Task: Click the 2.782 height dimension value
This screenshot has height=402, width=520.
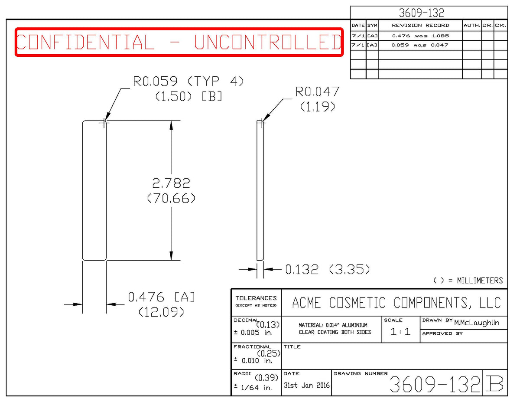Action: [x=171, y=183]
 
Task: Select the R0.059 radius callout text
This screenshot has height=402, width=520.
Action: [x=155, y=82]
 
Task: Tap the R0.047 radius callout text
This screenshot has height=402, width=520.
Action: [x=317, y=92]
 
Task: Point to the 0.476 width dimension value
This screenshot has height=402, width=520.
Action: [x=146, y=297]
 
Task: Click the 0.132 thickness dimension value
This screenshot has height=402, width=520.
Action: [x=302, y=269]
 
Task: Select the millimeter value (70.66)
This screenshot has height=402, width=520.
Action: [x=171, y=199]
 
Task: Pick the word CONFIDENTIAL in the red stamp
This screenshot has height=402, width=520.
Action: [x=85, y=42]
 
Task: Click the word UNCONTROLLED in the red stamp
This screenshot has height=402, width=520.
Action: [x=268, y=42]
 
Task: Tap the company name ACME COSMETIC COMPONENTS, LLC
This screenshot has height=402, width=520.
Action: [x=396, y=303]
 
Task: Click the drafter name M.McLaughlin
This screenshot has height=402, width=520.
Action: [x=476, y=323]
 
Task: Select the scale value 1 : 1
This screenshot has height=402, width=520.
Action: [x=400, y=332]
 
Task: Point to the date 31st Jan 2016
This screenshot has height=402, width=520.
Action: [x=306, y=385]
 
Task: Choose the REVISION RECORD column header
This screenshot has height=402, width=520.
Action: [x=420, y=26]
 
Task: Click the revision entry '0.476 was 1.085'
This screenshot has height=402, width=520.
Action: [x=420, y=36]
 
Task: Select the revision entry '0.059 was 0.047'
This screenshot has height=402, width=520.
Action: [x=420, y=45]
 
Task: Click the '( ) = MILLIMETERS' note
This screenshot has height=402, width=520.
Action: [x=468, y=281]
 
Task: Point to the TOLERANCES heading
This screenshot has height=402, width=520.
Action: [x=256, y=298]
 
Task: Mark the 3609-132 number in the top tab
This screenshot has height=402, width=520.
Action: [x=421, y=13]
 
